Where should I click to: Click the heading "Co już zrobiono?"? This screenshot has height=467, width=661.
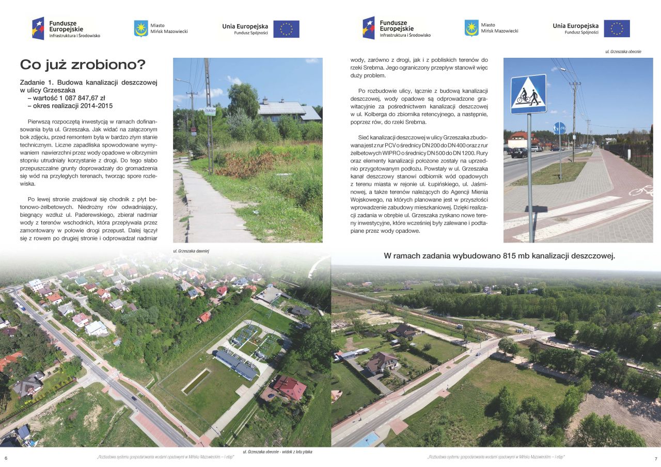point(83,65)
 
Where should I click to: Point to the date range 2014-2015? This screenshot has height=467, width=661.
point(95,106)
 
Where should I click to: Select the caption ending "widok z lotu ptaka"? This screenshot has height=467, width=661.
point(277,452)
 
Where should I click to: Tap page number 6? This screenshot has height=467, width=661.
point(6,459)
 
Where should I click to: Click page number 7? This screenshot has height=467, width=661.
point(655,459)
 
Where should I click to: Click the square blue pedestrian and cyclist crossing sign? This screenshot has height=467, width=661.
point(528,94)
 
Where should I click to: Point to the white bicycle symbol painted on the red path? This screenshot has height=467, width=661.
point(641,190)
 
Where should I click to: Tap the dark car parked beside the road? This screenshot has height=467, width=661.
point(519,152)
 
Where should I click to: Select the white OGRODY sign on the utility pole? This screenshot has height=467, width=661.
point(210,111)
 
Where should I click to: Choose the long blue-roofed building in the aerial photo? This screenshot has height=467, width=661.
point(235,364)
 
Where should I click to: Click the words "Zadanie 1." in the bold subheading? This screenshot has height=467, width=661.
point(36,82)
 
